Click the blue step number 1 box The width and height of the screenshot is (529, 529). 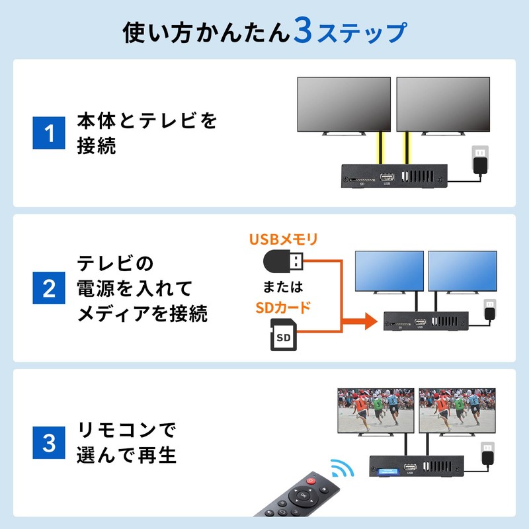click(49, 134)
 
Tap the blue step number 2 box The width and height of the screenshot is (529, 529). click(49, 289)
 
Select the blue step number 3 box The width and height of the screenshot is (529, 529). click(49, 443)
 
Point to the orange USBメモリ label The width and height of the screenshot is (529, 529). click(283, 239)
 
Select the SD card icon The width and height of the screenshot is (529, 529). click(282, 336)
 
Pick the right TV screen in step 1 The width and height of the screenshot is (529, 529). click(442, 104)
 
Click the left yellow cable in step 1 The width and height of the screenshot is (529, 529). click(380, 150)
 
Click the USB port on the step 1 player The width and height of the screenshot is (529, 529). click(388, 177)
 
